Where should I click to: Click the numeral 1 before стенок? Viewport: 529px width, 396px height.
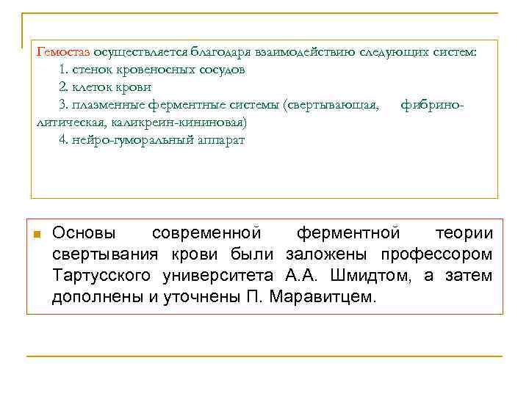click(62, 70)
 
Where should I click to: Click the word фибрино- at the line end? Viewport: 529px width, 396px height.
click(433, 105)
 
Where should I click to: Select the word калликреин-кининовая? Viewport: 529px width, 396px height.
click(182, 122)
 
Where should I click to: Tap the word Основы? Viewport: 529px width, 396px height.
click(83, 234)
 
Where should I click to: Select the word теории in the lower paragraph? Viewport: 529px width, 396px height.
click(464, 234)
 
